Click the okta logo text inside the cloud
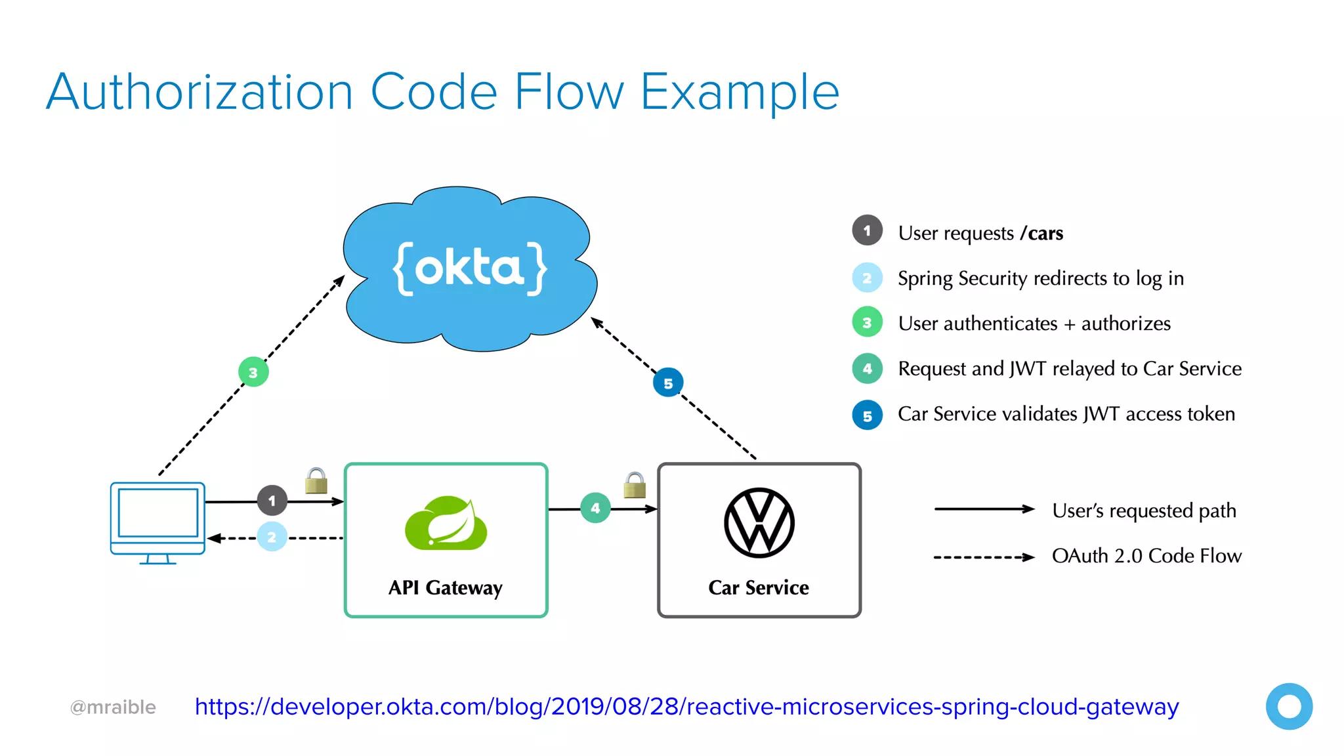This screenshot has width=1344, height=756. [469, 268]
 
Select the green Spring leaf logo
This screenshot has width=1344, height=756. [446, 523]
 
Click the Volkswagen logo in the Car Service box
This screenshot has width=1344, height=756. [759, 523]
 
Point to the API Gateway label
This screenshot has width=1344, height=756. [445, 587]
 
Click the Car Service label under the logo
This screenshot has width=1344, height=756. [759, 587]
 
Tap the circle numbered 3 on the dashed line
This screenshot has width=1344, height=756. [253, 372]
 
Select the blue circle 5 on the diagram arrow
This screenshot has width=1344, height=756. [668, 383]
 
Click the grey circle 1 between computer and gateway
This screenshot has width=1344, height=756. [272, 501]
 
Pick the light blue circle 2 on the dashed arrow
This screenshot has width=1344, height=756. [272, 537]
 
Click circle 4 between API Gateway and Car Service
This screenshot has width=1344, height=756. [595, 508]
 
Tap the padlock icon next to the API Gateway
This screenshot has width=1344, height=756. [316, 481]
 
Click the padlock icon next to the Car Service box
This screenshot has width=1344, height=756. [635, 486]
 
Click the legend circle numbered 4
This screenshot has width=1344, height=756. [867, 368]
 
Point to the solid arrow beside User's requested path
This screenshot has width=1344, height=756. [984, 509]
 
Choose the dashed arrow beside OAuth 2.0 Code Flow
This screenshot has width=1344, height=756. [984, 557]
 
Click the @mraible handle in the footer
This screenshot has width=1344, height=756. [113, 707]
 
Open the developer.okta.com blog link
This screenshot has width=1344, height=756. [686, 707]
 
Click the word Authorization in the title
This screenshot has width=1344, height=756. [200, 92]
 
